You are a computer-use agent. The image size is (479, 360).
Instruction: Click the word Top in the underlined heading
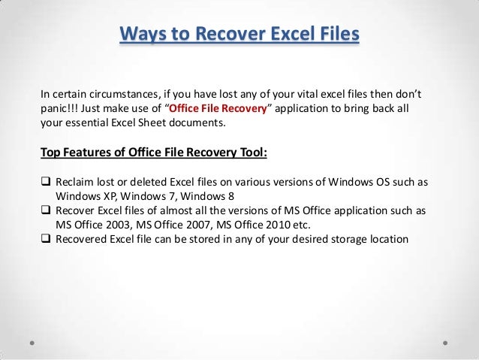(50, 154)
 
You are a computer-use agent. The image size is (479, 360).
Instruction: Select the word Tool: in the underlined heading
(252, 154)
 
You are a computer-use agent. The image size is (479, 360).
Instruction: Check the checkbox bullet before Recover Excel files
(45, 212)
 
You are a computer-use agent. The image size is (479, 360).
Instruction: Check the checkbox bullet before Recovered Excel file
(45, 240)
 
